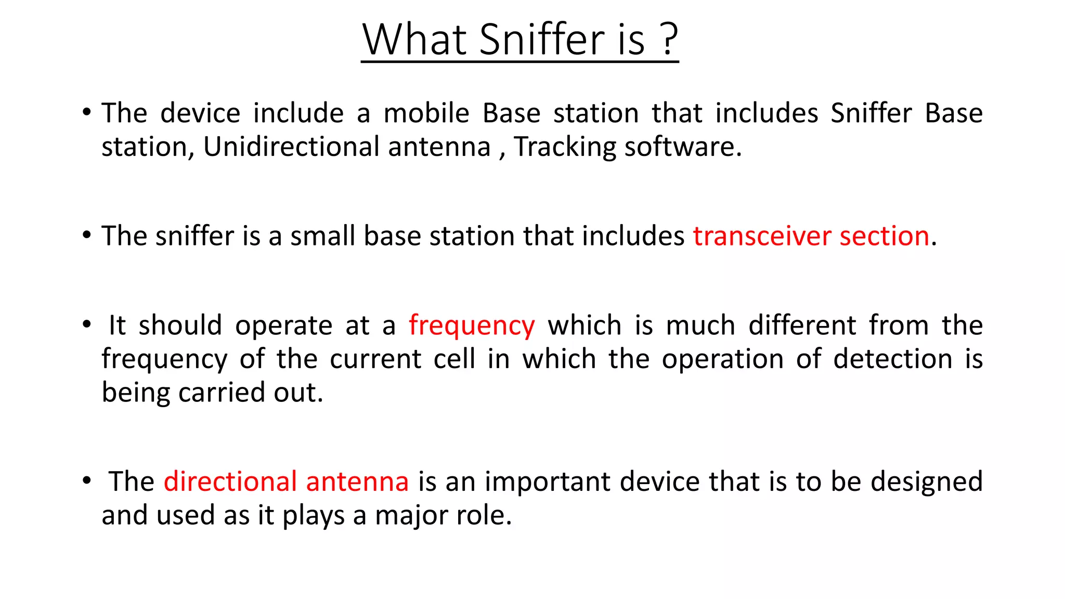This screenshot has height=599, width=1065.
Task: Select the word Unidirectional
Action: [291, 147]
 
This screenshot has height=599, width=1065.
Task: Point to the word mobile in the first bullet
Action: [426, 113]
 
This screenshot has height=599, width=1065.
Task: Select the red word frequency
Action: [471, 327]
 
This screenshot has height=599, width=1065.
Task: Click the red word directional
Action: [230, 481]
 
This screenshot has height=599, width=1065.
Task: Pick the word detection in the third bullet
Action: [892, 359]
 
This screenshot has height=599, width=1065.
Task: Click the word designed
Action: [926, 481]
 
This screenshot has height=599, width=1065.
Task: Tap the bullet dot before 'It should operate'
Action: [87, 324]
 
